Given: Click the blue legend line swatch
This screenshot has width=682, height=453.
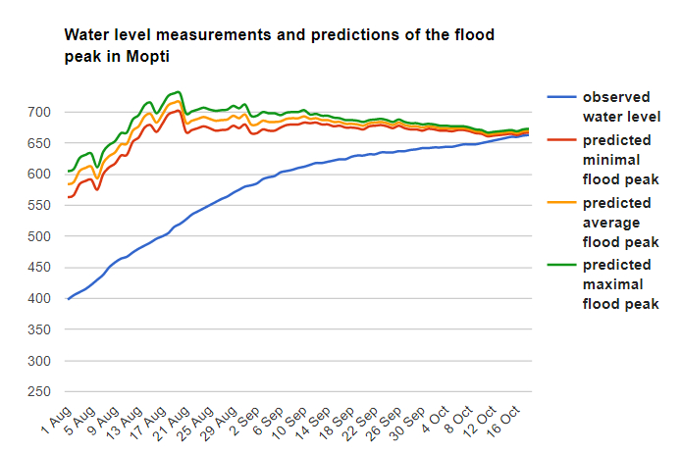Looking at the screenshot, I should (561, 98).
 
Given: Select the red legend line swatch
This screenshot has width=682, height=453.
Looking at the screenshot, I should (561, 140).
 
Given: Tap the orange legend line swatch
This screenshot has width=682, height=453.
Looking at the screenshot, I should (561, 203).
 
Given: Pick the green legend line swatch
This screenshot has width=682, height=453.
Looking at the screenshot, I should (561, 265).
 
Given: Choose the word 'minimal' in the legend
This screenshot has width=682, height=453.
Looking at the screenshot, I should (610, 160).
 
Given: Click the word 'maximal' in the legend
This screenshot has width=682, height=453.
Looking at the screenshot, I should (612, 284).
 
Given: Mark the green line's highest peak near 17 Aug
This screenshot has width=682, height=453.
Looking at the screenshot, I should (178, 92).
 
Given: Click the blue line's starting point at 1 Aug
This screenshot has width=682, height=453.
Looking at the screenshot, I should (68, 298).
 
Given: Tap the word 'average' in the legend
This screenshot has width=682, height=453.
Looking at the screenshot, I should (612, 223).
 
